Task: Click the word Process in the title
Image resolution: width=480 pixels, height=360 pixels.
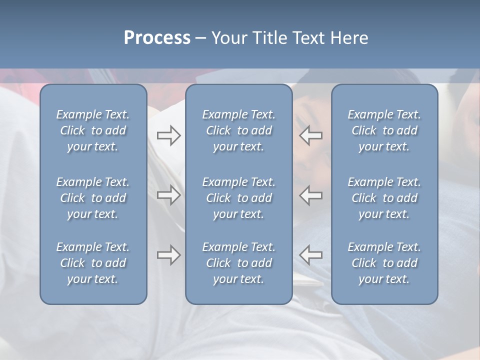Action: tap(157, 38)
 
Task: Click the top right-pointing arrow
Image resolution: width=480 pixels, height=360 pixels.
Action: tap(168, 135)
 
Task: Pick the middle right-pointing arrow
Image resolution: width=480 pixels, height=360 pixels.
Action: tap(168, 195)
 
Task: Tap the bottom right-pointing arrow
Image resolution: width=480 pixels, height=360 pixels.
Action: tap(168, 255)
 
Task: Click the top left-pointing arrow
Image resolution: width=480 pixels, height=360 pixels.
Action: tap(310, 135)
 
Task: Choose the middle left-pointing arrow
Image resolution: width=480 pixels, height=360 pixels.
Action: tap(310, 195)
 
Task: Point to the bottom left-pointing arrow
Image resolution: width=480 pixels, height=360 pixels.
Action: tap(310, 255)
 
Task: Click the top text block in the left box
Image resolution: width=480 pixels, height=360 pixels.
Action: tap(93, 130)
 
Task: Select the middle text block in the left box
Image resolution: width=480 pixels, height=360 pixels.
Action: tap(93, 198)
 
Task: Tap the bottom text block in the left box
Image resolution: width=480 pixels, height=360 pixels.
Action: tap(93, 263)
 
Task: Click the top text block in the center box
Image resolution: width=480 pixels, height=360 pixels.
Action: tap(238, 130)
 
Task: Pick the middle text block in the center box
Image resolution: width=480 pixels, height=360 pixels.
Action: tap(238, 198)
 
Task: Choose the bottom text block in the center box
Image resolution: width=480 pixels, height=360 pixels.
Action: tap(238, 263)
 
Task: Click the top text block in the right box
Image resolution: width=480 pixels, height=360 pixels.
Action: tap(384, 130)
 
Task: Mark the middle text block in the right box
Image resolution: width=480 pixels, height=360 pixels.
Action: tap(384, 198)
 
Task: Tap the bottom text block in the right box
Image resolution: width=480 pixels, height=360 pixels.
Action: tap(384, 263)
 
